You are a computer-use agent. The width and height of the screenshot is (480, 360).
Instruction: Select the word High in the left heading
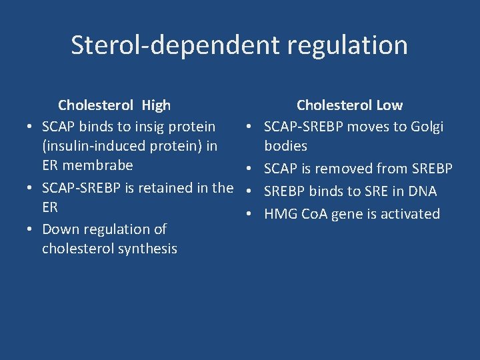tap(156, 105)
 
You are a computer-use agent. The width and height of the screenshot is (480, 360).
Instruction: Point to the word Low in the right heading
tap(389, 105)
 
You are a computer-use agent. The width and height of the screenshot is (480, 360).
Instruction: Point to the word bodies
tap(286, 146)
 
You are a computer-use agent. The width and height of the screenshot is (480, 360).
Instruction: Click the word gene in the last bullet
tap(349, 214)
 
